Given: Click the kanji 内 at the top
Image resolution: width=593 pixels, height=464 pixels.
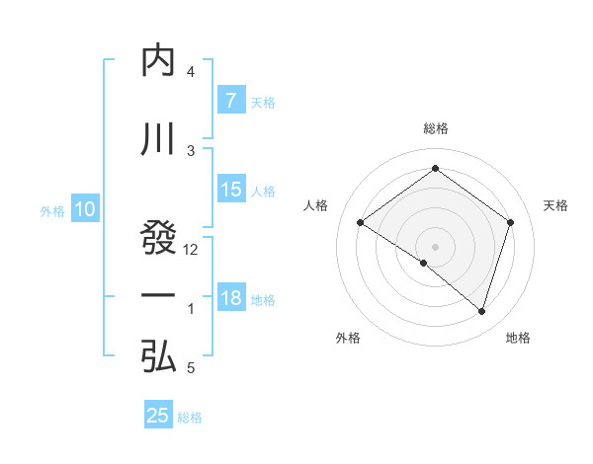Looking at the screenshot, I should [x=158, y=61].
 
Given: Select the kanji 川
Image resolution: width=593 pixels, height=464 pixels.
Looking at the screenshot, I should [x=158, y=139].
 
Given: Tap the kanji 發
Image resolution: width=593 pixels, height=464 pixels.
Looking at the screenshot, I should [x=158, y=238].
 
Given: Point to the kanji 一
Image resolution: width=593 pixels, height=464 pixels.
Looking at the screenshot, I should [x=158, y=296].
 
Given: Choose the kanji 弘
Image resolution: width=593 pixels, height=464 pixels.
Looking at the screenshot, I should [x=158, y=356].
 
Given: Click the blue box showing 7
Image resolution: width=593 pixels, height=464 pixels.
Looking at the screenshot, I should [x=230, y=101].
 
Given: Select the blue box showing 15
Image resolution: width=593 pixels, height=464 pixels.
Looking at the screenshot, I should [x=230, y=191].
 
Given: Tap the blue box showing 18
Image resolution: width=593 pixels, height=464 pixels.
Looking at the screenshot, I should [x=230, y=298].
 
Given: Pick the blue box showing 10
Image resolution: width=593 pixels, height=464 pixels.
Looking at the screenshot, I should [x=84, y=209].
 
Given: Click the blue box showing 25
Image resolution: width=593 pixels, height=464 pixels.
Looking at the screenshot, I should [x=158, y=416].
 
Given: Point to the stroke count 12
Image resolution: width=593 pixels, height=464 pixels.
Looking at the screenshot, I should [x=192, y=250].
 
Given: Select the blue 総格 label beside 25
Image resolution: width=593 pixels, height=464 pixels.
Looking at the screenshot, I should [x=190, y=418].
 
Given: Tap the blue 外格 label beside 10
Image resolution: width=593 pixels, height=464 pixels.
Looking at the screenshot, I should [x=51, y=210].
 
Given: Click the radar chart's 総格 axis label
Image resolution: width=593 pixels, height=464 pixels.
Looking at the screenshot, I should [x=435, y=128].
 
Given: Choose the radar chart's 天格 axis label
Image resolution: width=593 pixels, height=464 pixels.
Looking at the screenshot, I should [x=556, y=205].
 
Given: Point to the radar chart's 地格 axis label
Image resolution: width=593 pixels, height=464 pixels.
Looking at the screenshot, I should [x=518, y=339].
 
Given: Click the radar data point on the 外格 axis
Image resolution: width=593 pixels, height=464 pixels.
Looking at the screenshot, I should [x=424, y=263].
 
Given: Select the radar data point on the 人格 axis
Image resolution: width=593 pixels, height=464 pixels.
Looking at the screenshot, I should [x=360, y=223].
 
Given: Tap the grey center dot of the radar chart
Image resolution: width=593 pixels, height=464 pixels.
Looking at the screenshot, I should [x=435, y=246].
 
